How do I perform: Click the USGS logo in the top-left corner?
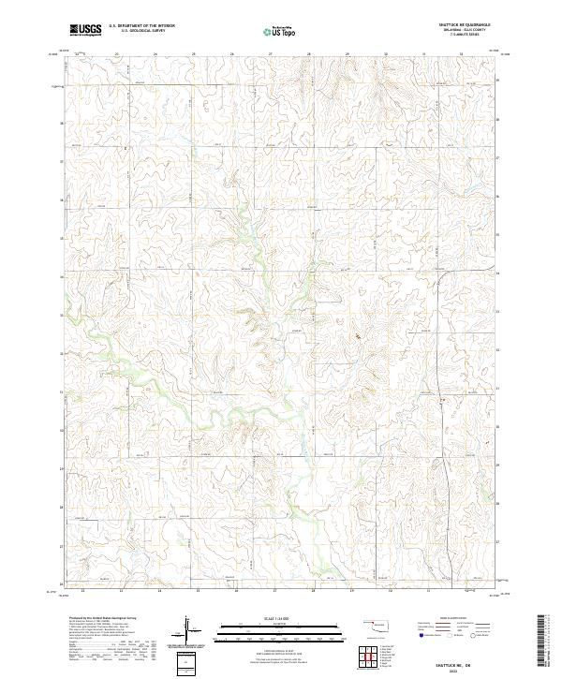(85, 31)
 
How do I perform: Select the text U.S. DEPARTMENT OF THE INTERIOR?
(140, 26)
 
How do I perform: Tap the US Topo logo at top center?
(280, 31)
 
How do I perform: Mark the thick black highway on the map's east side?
(447, 440)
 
